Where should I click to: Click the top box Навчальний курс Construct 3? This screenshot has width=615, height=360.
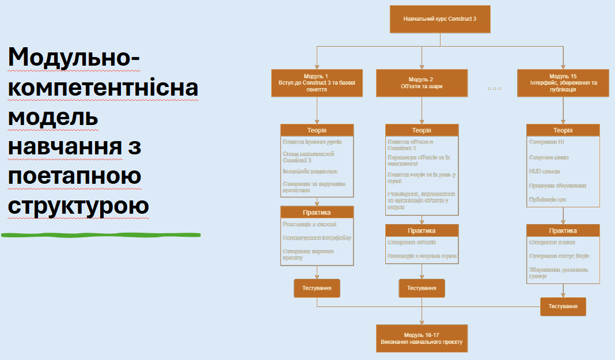[440, 19]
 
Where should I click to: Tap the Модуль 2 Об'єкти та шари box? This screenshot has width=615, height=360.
[422, 83]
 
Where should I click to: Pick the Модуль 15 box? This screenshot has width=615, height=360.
[563, 83]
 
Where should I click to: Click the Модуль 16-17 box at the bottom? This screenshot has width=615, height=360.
[422, 338]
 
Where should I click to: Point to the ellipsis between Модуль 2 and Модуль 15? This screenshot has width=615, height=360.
[494, 89]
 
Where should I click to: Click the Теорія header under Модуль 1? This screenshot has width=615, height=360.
[317, 130]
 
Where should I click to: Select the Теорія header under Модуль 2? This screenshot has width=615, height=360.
[422, 130]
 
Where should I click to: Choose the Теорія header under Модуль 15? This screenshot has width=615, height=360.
[563, 130]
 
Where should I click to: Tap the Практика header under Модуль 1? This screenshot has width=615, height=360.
[317, 213]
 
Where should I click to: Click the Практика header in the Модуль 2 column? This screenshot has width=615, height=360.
[422, 230]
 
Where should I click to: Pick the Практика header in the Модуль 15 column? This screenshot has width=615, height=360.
[563, 230]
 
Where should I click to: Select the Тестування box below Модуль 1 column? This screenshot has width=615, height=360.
[317, 288]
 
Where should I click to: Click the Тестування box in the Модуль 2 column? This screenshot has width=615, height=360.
[422, 288]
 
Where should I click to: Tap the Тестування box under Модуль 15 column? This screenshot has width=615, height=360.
[563, 306]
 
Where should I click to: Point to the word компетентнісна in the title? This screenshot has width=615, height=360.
[103, 88]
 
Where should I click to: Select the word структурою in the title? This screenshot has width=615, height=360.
[78, 206]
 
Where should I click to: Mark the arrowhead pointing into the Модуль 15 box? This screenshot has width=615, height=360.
[563, 66]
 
